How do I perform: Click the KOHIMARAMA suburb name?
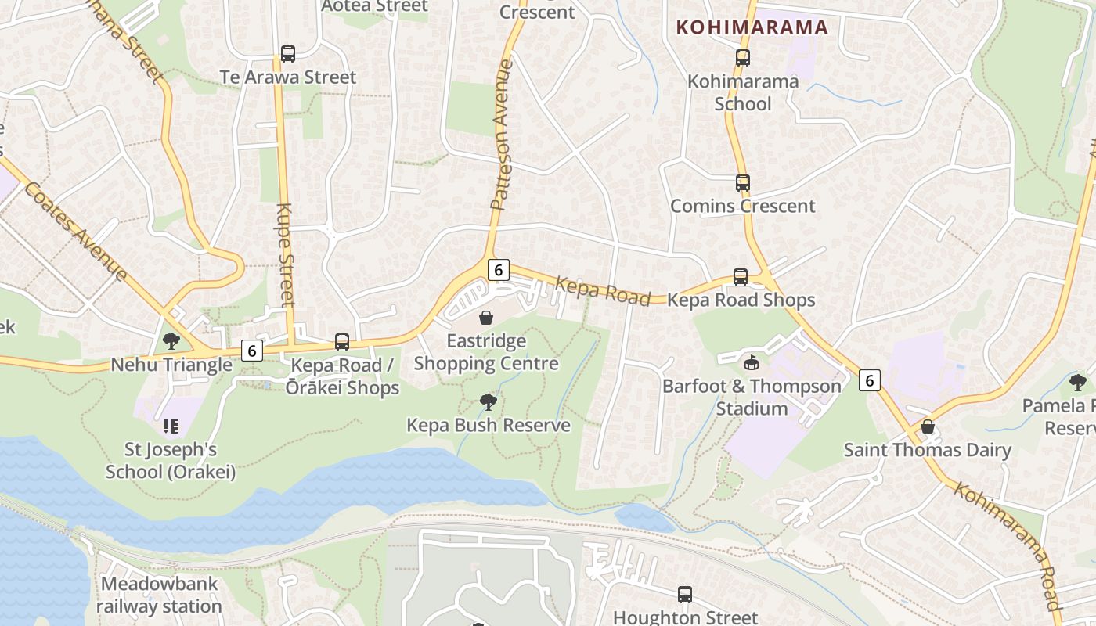point(752,27)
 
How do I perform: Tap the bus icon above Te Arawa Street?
point(288,54)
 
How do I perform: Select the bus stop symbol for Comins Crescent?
point(742,183)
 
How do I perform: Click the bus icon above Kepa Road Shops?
point(741,277)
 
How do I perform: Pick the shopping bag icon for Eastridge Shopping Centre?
point(486,318)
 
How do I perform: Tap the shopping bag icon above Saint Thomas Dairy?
point(928,427)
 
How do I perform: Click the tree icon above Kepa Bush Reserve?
point(489,402)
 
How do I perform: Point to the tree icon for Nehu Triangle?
point(171,341)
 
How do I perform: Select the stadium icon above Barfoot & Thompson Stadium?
point(752,362)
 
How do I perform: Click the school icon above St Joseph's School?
point(171,426)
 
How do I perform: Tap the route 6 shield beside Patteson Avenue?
point(498,270)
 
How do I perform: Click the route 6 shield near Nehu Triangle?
point(251,351)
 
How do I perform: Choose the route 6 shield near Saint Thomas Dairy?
point(870,380)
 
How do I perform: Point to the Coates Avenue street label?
point(75,231)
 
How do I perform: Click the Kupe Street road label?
point(286,254)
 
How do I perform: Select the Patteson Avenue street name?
point(502,135)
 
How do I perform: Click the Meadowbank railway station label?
point(160,595)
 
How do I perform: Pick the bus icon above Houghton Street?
point(685,595)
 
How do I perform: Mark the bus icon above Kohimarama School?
point(742,58)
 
